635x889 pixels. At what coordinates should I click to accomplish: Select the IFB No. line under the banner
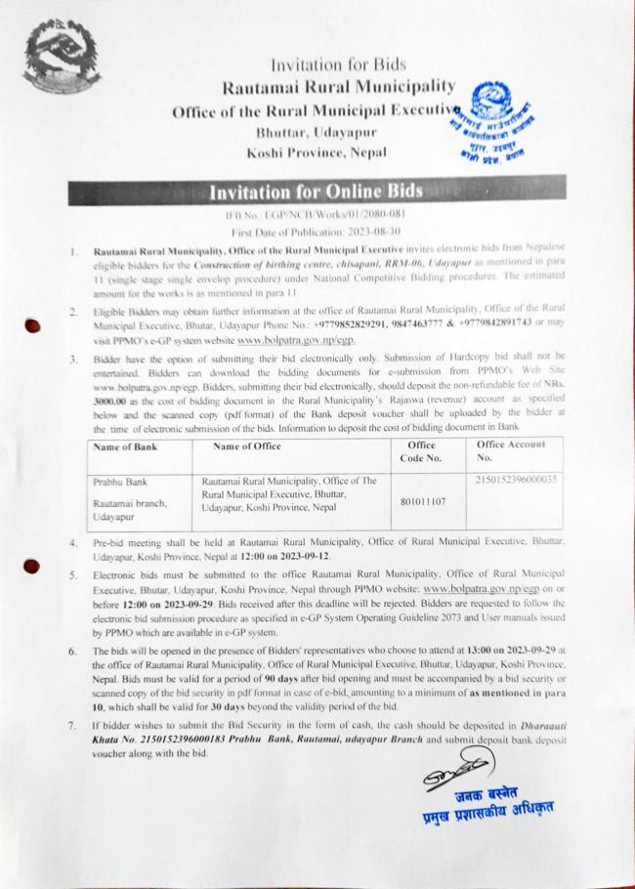[317, 213]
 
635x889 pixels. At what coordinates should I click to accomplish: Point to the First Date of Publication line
[316, 232]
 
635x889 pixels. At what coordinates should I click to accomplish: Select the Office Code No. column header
[424, 450]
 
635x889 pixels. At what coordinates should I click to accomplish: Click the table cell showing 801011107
[424, 501]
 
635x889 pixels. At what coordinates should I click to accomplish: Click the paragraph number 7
[73, 726]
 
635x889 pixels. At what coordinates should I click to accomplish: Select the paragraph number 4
[73, 539]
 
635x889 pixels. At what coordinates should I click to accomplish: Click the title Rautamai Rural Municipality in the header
[338, 88]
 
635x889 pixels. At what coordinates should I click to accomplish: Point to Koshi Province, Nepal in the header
[317, 151]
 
